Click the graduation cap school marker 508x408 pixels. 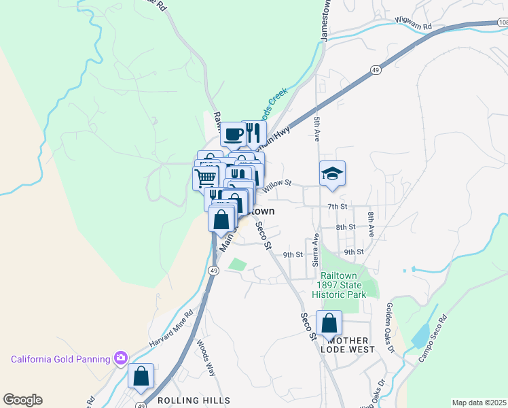tap(333, 173)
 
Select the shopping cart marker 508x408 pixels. tap(206, 177)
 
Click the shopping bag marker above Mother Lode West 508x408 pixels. tap(329, 323)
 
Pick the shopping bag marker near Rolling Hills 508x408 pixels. tap(141, 375)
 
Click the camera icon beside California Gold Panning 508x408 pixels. tap(121, 358)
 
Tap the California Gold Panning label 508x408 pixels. tap(60, 359)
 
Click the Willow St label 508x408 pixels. tap(277, 183)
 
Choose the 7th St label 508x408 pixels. tap(337, 206)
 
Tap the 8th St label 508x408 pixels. tap(345, 227)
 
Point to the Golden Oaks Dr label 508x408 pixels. tap(390, 328)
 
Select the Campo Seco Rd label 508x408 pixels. tap(433, 338)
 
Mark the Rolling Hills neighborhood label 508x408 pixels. tap(194, 401)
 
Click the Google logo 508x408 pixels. tap(22, 400)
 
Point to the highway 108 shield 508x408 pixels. tap(502, 22)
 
